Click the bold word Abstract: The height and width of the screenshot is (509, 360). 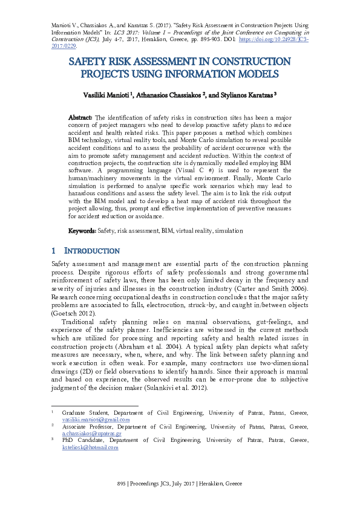(x=80, y=117)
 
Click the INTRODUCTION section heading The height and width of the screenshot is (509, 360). (x=90, y=251)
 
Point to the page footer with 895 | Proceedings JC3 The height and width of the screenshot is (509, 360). (x=180, y=484)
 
